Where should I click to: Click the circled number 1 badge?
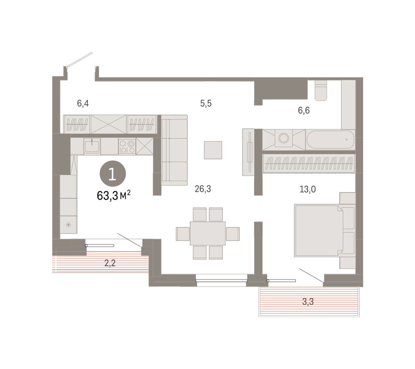click(113, 174)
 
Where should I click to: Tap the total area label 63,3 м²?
click(113, 195)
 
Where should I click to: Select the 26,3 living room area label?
click(203, 189)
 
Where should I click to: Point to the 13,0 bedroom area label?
click(307, 189)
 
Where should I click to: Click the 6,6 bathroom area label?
click(304, 110)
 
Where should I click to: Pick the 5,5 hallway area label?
click(206, 103)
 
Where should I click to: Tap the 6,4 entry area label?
click(83, 103)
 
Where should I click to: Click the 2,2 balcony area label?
click(110, 263)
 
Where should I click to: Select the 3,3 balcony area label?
click(308, 302)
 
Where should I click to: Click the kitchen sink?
click(92, 146)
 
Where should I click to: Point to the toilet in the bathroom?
click(321, 90)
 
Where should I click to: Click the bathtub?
click(330, 140)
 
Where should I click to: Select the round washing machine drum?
click(284, 138)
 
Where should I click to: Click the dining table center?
click(207, 233)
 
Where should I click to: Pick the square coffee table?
click(213, 150)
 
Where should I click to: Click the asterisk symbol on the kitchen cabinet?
click(68, 225)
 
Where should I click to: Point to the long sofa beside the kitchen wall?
click(174, 150)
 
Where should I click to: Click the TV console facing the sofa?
click(248, 152)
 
